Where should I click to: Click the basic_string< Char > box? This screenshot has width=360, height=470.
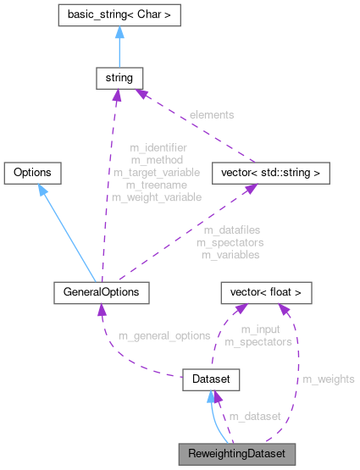point(117,14)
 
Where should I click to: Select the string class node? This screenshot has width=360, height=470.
point(117,79)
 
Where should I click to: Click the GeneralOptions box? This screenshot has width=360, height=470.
point(101,293)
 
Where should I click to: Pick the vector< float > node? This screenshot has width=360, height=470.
point(266,293)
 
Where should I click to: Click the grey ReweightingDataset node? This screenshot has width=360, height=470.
point(236,454)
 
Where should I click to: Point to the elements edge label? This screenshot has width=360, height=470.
point(212,113)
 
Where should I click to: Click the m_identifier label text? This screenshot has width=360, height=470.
point(158,147)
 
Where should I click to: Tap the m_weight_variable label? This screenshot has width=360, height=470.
point(156,197)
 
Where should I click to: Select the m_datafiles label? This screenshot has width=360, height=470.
point(230,230)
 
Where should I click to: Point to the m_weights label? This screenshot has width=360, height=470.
point(329,379)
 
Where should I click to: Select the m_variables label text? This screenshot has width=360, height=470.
point(230,254)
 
